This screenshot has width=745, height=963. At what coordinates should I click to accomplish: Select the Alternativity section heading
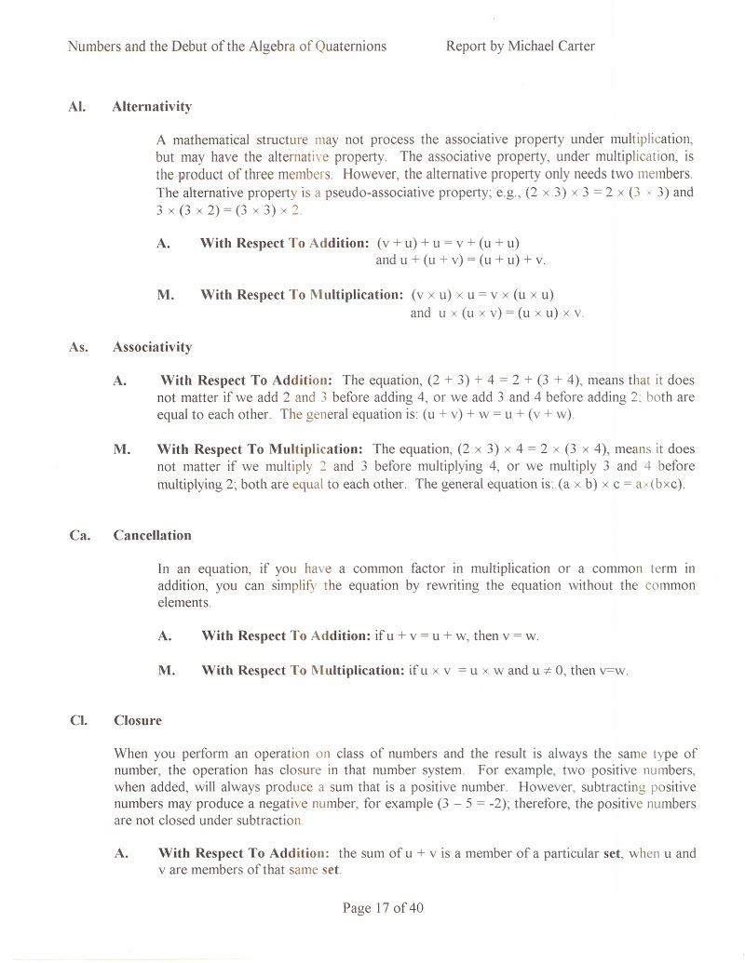coord(152,106)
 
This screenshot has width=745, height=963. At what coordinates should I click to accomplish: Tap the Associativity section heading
coord(152,347)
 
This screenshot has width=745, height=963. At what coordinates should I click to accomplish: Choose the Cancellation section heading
coord(152,535)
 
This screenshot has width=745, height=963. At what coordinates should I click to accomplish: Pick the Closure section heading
coord(137,720)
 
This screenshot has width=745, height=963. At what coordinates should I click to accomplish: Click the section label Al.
coord(76,106)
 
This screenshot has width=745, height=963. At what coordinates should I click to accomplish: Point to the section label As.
coord(78,347)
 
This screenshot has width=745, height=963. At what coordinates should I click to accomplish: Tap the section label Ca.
coord(79,535)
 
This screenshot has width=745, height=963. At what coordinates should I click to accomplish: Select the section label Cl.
coord(77,720)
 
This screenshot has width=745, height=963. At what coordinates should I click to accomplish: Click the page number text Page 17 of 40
coord(383,908)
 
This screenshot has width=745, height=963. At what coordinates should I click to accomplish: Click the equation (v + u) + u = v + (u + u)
coord(448,242)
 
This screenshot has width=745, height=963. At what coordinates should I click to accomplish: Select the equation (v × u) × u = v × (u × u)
coord(482,295)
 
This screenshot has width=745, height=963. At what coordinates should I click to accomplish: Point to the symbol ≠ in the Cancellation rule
coord(542,670)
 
